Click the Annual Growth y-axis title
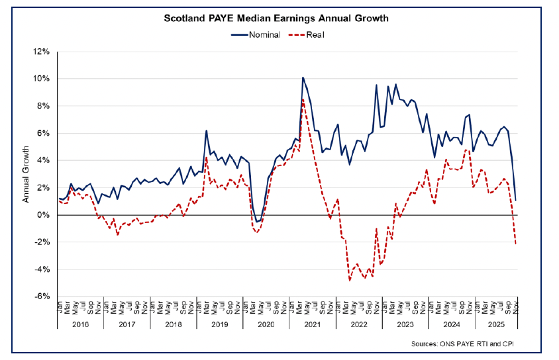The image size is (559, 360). click(26, 174)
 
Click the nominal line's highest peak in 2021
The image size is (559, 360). click(303, 77)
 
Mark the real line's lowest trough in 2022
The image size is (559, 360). click(350, 281)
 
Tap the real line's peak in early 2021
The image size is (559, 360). click(303, 99)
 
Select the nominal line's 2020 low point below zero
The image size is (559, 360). click(257, 222)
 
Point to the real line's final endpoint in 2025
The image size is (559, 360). click(516, 244)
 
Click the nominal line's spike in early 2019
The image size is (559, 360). click(207, 130)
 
